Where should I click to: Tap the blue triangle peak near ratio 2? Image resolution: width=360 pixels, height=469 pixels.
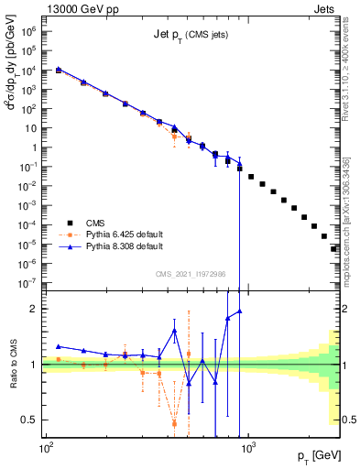click(239, 311)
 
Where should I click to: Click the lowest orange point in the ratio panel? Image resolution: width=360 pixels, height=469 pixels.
click(174, 423)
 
